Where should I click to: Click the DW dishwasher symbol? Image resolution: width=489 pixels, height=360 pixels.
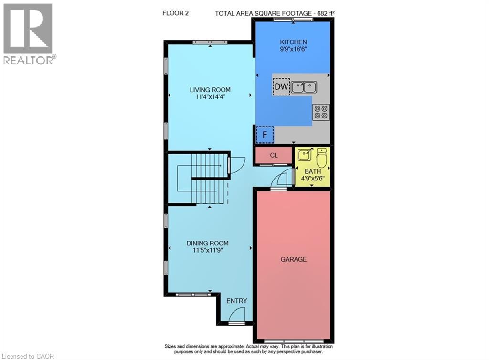pyautogui.click(x=281, y=86)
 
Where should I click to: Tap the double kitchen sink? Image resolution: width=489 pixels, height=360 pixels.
pyautogui.click(x=304, y=87)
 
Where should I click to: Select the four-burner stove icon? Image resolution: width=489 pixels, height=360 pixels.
pyautogui.click(x=321, y=112)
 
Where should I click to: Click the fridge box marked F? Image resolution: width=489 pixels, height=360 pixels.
pyautogui.click(x=265, y=135)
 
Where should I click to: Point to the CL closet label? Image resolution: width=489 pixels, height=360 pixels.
pyautogui.click(x=274, y=155)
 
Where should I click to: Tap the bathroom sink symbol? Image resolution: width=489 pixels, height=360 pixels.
pyautogui.click(x=304, y=155)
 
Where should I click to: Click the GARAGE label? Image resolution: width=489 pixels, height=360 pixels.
pyautogui.click(x=293, y=259)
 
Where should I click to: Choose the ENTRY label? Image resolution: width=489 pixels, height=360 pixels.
pyautogui.click(x=237, y=301)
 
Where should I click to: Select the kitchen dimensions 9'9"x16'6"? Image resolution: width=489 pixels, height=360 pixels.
pyautogui.click(x=293, y=49)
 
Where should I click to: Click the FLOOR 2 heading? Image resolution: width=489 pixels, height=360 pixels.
pyautogui.click(x=175, y=13)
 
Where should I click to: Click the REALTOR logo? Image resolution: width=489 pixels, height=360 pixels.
pyautogui.click(x=29, y=33)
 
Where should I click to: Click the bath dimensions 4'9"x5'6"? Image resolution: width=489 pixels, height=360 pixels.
pyautogui.click(x=313, y=179)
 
